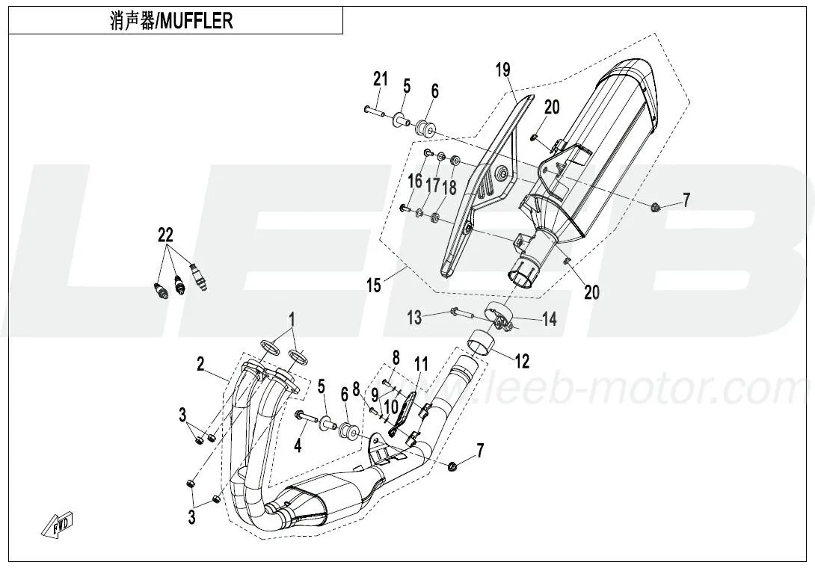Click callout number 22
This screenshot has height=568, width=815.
(165, 235)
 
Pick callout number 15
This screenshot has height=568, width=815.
(373, 285)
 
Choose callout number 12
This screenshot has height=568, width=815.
(521, 361)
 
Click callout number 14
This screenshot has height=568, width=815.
(550, 319)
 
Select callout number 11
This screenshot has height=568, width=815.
(422, 365)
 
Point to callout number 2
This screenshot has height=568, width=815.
(200, 365)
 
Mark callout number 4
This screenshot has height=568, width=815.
(298, 447)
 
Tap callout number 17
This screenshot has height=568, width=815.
(433, 184)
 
